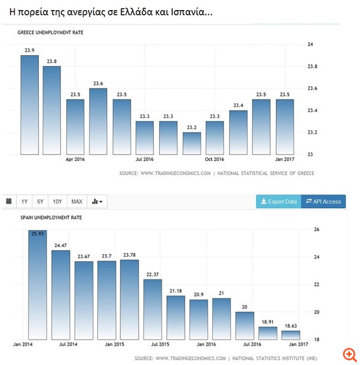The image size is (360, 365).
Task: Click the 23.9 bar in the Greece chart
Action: [x=30, y=105]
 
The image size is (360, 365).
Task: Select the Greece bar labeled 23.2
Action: [x=192, y=143]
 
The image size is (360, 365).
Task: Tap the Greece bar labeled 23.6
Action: [x=98, y=121]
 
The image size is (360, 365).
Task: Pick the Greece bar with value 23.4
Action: [x=238, y=133]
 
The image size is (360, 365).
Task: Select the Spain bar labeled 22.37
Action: [x=152, y=310]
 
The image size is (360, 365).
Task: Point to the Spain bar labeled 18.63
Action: [x=290, y=335]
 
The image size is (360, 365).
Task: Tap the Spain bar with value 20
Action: [x=244, y=325]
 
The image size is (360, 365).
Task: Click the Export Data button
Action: [x=279, y=202]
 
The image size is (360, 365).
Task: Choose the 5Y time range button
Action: [x=41, y=202]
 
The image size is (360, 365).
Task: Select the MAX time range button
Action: [x=77, y=202]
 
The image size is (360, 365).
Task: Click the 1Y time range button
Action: [x=25, y=202]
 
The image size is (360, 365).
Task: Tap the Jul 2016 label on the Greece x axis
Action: [x=145, y=159]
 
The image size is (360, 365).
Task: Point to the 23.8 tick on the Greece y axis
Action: [x=312, y=67]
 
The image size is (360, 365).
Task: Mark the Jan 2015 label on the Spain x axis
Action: [x=114, y=344]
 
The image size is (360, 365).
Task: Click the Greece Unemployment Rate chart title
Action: [x=50, y=33]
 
